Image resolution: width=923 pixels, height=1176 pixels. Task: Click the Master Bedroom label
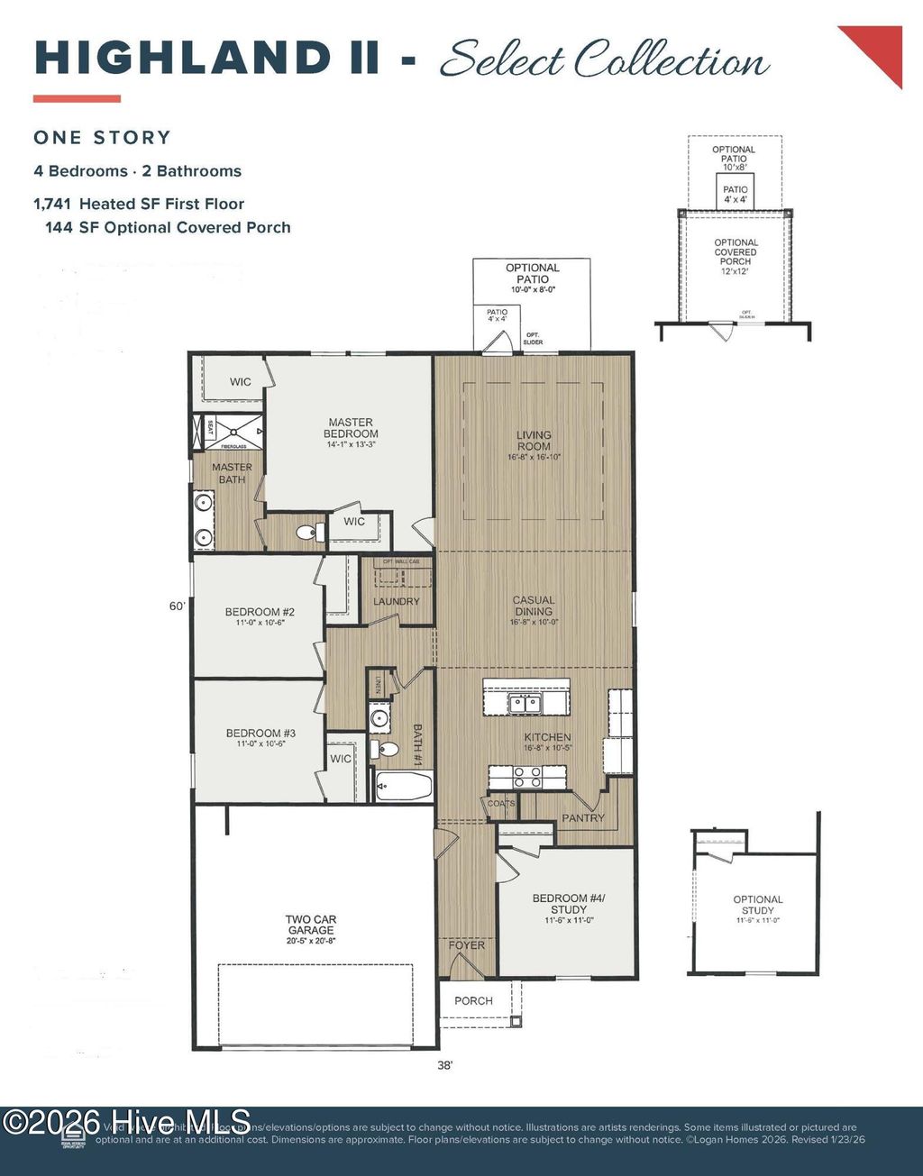[x=351, y=428]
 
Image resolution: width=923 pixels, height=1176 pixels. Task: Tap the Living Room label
[x=534, y=441]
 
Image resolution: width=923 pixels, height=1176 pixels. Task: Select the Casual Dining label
[x=534, y=606]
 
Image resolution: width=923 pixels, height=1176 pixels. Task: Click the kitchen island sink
[x=524, y=702]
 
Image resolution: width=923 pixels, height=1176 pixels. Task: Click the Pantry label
[x=583, y=818]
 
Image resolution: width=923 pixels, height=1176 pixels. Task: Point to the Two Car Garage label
[x=311, y=925]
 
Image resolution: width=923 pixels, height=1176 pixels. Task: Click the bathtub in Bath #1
[x=403, y=787]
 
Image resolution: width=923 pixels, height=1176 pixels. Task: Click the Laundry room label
[x=397, y=601]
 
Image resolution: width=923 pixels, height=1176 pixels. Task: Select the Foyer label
[x=467, y=945]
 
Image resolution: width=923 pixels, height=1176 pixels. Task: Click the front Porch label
[x=473, y=1001]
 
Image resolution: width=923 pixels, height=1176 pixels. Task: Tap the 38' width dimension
[x=444, y=1065]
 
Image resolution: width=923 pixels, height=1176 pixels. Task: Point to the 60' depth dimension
[x=177, y=606]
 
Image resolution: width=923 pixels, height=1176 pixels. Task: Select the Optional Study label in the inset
[x=758, y=905]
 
